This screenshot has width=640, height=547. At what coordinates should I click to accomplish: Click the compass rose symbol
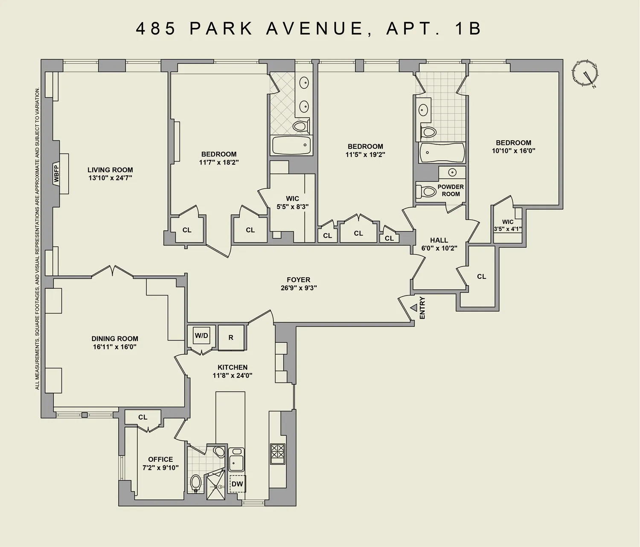(585, 73)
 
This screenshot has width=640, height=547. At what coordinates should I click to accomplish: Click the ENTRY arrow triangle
(413, 307)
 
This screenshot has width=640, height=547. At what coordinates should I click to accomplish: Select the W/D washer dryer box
(201, 336)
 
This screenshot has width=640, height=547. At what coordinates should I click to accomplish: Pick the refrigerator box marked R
(231, 338)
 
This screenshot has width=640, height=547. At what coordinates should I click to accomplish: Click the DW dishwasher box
(237, 484)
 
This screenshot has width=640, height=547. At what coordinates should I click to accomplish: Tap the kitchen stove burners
(277, 454)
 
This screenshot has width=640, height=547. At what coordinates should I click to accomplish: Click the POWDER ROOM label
(451, 190)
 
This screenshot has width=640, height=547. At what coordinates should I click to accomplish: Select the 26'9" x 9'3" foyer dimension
(298, 288)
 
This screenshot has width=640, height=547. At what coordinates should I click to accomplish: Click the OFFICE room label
(160, 459)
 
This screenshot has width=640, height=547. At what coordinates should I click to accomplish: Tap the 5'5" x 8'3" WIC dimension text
(292, 207)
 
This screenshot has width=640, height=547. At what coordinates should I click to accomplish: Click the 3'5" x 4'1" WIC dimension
(508, 229)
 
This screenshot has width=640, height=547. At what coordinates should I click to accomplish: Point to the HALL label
(439, 240)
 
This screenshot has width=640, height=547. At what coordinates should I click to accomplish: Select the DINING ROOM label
(115, 339)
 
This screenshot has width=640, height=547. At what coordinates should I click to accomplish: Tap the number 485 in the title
(156, 29)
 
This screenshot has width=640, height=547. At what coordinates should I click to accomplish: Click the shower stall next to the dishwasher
(215, 486)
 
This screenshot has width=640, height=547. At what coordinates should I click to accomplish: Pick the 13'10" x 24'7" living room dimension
(110, 178)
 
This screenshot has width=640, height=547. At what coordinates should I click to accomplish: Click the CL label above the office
(143, 417)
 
